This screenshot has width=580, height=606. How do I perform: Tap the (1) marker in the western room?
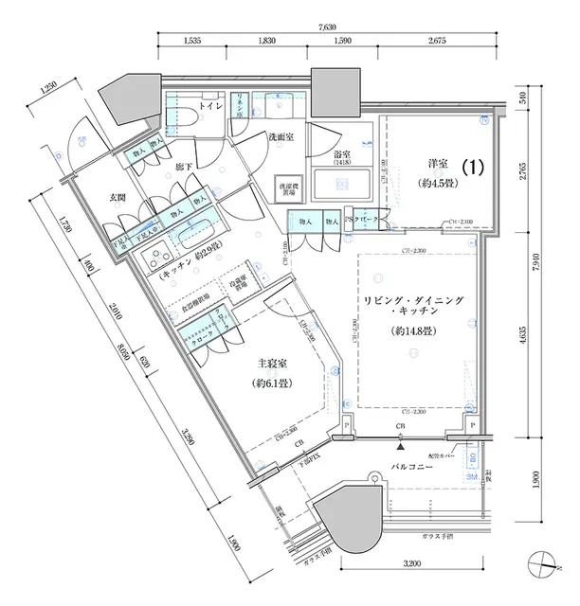(x=474, y=167)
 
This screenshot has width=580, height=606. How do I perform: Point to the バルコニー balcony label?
(x=412, y=469)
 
